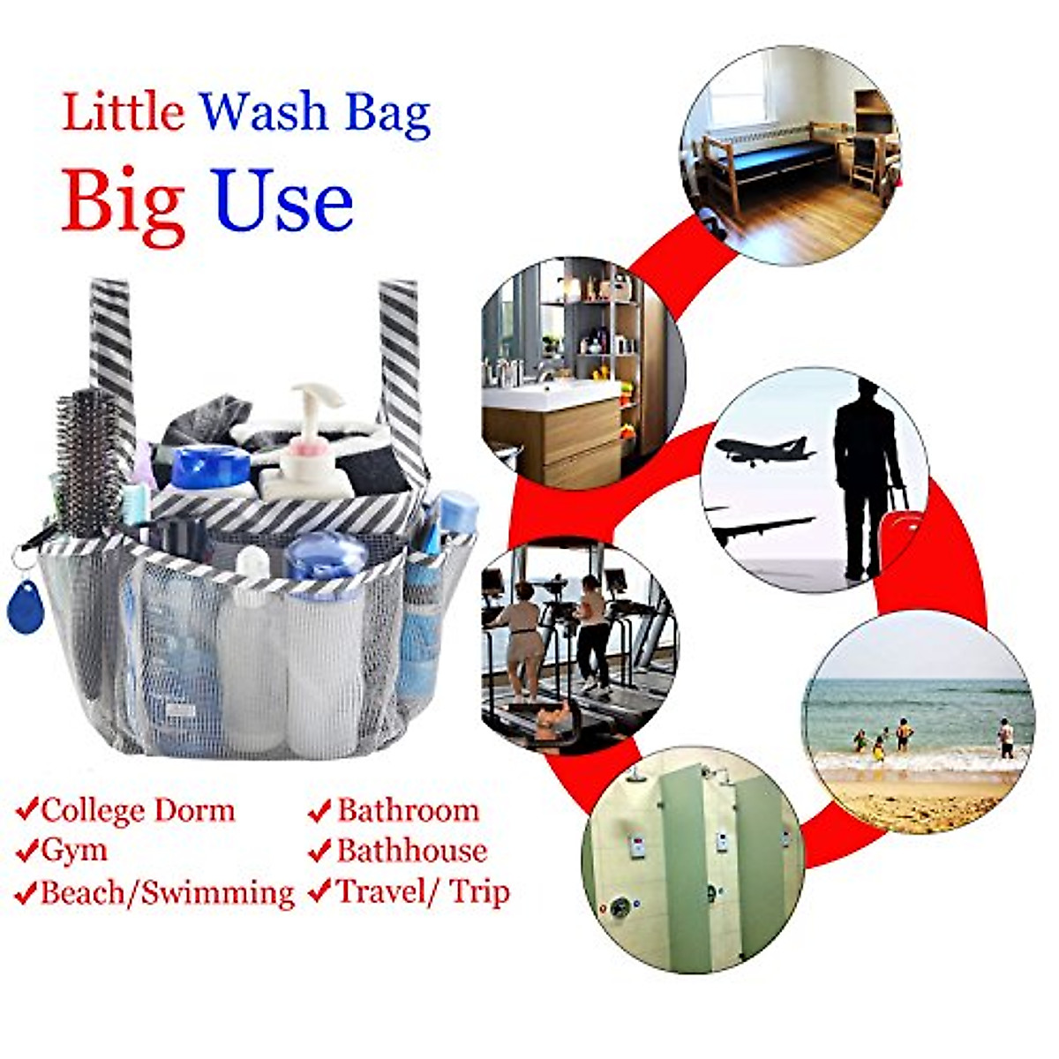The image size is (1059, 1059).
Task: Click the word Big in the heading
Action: click(x=124, y=203)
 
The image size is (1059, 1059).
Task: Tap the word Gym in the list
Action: click(x=74, y=851)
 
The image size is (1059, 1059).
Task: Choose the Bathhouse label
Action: click(x=411, y=851)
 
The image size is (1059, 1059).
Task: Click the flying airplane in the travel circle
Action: click(x=763, y=451)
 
